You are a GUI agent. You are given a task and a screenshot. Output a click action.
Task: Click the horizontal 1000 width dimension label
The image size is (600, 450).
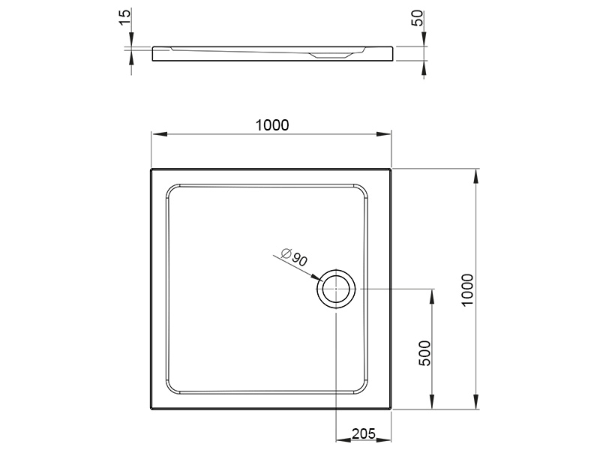(272, 125)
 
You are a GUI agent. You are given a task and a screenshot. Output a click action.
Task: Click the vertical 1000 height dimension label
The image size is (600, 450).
(467, 289)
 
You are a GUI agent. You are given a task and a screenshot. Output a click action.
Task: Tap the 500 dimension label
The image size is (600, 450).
(424, 353)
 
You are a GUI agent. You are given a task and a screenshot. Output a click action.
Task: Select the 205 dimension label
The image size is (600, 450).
(364, 433)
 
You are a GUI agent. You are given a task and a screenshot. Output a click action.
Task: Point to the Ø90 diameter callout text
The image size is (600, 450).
(294, 257)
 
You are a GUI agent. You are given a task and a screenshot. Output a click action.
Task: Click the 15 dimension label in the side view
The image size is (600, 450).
(125, 17)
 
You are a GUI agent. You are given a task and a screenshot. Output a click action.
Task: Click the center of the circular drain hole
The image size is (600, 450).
(336, 289)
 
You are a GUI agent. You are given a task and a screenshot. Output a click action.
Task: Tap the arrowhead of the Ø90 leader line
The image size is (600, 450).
(317, 277)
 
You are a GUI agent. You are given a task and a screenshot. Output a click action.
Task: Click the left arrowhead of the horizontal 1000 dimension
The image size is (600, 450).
(160, 134)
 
